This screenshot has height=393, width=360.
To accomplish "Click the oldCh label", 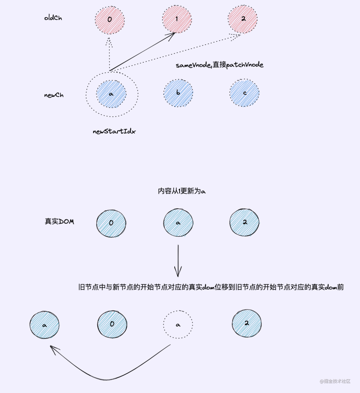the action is click(53, 18).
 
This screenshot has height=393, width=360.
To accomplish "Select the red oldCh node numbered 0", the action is click(110, 19).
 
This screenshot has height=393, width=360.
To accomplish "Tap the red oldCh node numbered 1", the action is click(177, 19).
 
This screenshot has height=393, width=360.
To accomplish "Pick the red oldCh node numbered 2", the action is click(243, 19).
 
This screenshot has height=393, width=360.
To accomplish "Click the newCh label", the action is click(54, 95).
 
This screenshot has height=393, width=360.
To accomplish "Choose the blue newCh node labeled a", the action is click(111, 94).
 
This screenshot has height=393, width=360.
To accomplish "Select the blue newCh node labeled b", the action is click(178, 93).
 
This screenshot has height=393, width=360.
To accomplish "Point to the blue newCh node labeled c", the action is click(244, 93).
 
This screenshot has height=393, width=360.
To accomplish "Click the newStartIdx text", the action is click(114, 131).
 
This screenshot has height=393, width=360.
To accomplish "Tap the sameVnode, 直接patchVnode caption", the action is click(220, 65).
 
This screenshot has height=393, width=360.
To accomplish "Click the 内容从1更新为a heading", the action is click(182, 191).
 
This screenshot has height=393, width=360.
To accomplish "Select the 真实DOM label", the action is click(59, 221).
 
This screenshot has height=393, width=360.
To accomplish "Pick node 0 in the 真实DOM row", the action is click(111, 223).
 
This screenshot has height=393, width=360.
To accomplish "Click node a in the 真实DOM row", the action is click(178, 223).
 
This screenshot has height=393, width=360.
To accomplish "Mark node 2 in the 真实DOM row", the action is click(244, 222).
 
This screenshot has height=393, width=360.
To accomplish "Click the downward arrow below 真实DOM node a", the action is click(178, 261).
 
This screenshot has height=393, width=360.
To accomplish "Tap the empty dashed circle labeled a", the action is click(178, 324).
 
